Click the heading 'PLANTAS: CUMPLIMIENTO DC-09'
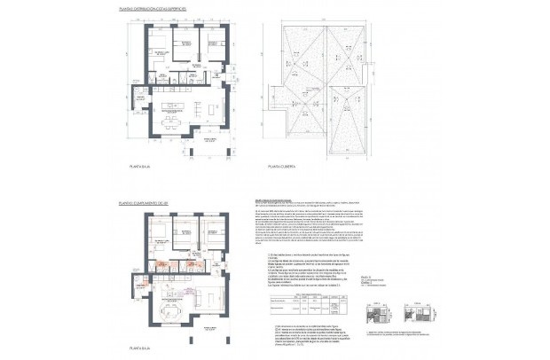pyautogui.click(x=145, y=203)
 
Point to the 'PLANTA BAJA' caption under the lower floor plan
pyautogui.click(x=142, y=350)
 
